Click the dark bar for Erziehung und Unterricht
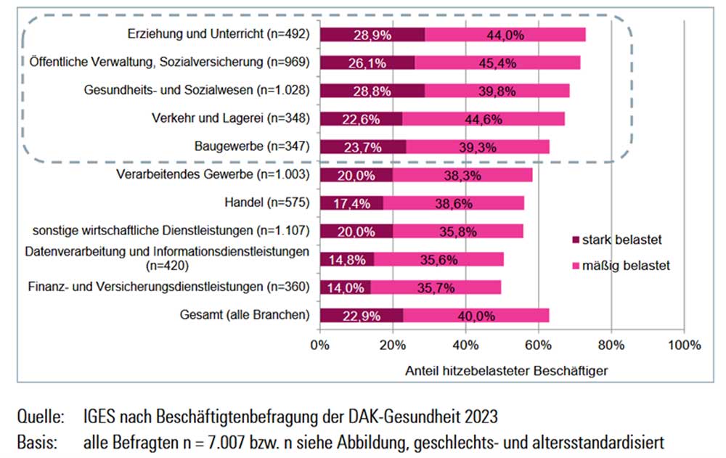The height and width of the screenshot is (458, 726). (x=372, y=34)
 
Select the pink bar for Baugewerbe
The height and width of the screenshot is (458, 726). (x=478, y=147)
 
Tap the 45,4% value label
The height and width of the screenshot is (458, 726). (x=497, y=62)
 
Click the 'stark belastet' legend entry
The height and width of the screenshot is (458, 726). (x=617, y=240)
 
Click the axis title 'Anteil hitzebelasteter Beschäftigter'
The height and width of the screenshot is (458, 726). (x=505, y=369)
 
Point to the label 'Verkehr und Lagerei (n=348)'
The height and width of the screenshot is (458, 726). (x=231, y=118)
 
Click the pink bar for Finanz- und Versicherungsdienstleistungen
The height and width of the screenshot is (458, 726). (x=436, y=287)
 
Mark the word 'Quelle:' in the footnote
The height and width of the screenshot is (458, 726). (x=39, y=417)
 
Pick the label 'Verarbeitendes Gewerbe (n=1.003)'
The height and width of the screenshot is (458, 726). (x=214, y=174)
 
